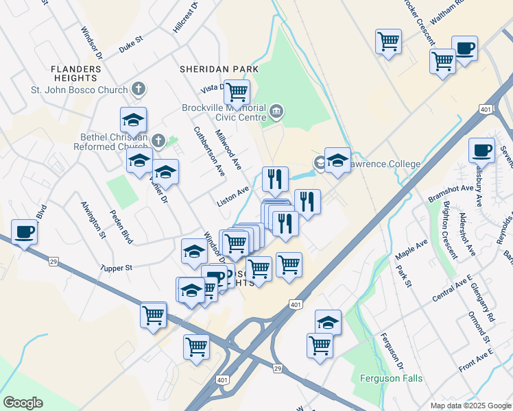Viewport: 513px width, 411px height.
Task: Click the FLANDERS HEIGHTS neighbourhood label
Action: (76, 74)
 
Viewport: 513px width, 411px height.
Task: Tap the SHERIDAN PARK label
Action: (219, 69)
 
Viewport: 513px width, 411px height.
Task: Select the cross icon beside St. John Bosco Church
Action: (139, 89)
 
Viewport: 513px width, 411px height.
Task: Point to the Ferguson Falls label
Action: (392, 378)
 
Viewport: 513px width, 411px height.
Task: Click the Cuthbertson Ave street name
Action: (209, 152)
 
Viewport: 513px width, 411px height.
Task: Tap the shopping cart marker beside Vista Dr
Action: (237, 92)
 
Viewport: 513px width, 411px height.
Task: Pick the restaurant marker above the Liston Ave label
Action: (275, 179)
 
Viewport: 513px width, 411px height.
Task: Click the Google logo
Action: (23, 403)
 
